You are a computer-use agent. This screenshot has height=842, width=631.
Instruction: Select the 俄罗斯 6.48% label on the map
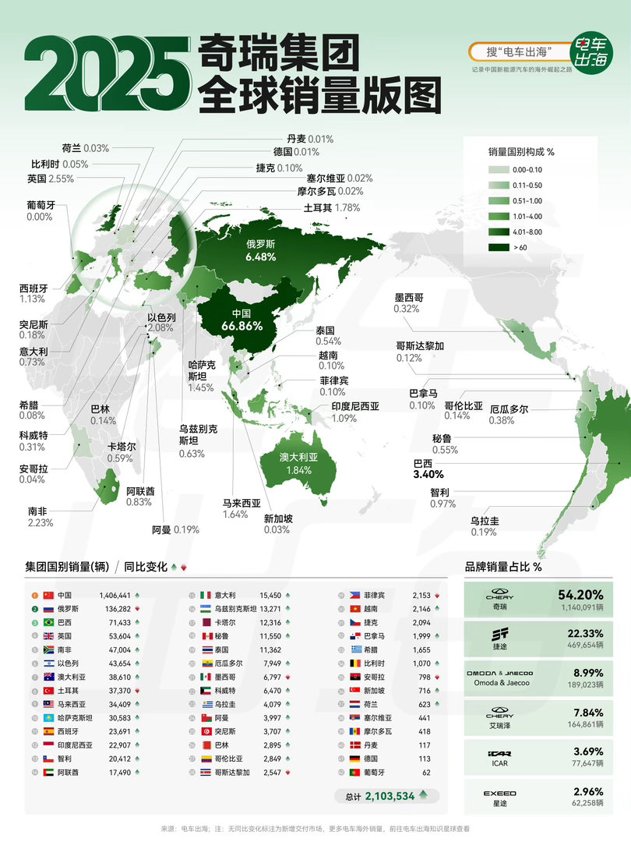point(260,249)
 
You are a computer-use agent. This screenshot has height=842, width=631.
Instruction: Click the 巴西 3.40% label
point(428,469)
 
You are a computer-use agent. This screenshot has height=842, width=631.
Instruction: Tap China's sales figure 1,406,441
point(115,595)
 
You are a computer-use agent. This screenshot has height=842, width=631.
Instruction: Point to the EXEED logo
point(500,793)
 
